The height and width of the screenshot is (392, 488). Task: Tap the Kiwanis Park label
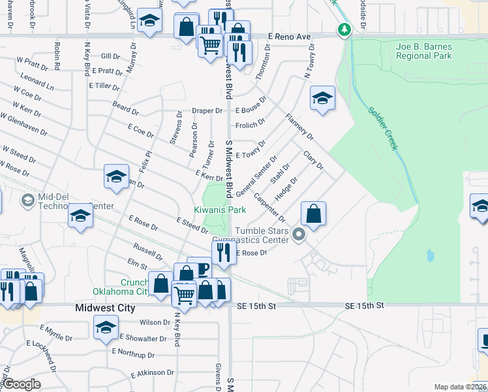click(220, 210)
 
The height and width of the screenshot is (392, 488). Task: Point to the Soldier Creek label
click(382, 129)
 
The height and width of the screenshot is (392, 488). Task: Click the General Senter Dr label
click(257, 172)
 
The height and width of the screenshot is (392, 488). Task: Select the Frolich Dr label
click(250, 122)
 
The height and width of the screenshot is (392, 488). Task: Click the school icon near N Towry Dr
click(322, 99)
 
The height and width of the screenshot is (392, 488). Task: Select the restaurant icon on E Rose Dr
click(223, 252)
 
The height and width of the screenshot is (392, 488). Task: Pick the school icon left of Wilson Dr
click(106, 327)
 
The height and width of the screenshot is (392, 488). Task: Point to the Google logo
click(21, 384)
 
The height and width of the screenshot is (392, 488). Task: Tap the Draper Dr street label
click(207, 111)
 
